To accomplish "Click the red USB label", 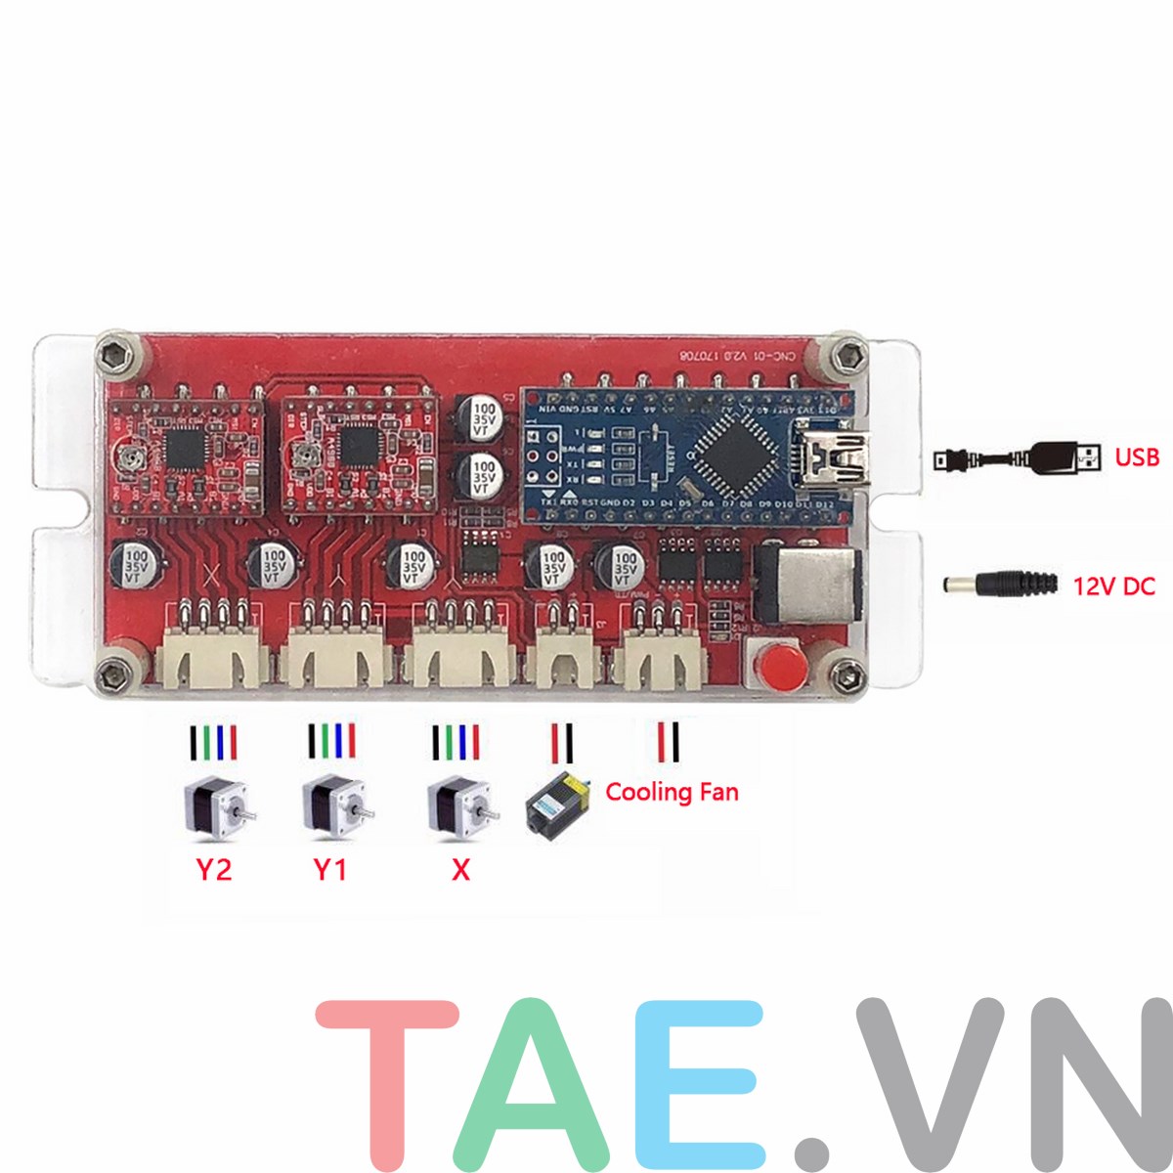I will point(1137,456).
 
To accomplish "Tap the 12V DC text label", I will point(1113,586).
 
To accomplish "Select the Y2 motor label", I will point(214,869).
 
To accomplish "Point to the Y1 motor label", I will point(330,869).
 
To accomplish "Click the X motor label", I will point(460,869).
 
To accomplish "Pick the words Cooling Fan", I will point(672,791).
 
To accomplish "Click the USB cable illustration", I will point(1017,456).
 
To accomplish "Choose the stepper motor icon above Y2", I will point(218,807).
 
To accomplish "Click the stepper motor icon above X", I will point(462,807).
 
